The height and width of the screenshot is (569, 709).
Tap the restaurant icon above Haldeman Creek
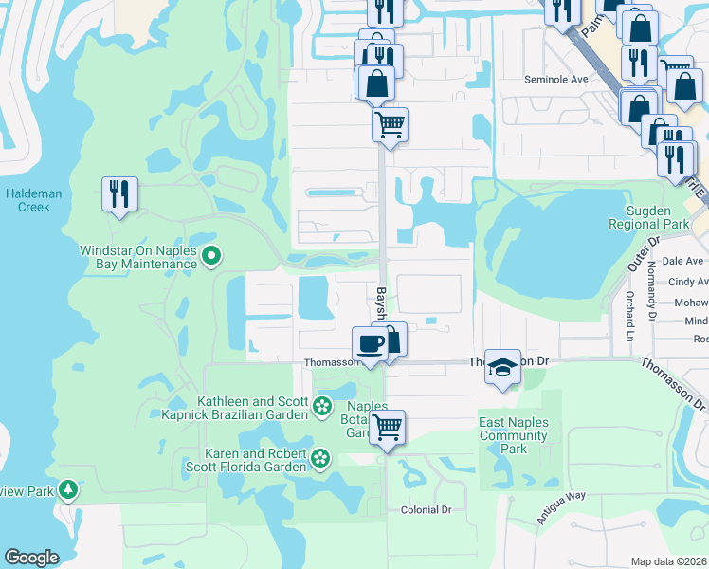click(x=119, y=194)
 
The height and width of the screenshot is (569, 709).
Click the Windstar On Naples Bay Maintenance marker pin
click(x=211, y=255)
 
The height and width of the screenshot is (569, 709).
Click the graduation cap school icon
click(x=501, y=367)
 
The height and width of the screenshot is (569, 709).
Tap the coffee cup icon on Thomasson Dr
click(x=370, y=343)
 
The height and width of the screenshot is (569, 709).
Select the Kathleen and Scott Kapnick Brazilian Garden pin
click(x=322, y=408)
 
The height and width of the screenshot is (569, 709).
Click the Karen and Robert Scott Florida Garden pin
click(x=320, y=459)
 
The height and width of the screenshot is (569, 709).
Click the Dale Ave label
click(x=682, y=261)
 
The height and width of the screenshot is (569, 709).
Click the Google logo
click(x=32, y=558)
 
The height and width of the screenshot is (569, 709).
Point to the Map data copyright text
click(x=669, y=561)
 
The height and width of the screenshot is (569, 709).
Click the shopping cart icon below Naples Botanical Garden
click(x=387, y=428)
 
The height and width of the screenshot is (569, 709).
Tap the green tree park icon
click(x=68, y=489)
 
